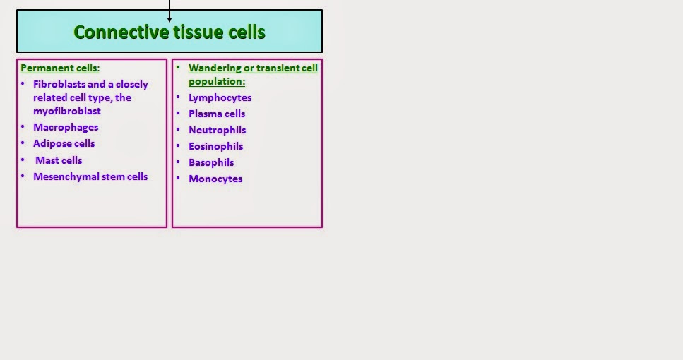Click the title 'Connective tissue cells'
(x=170, y=32)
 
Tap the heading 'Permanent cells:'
(x=60, y=68)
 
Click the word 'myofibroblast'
(x=67, y=111)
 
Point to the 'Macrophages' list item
(x=66, y=127)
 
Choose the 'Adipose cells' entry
(x=64, y=143)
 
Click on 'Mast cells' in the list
(x=59, y=160)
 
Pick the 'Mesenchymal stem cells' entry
(x=90, y=176)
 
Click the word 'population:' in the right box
(x=217, y=81)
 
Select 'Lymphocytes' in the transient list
(x=220, y=97)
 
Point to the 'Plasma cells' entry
(x=217, y=114)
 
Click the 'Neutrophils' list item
(x=217, y=130)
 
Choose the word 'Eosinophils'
(x=215, y=146)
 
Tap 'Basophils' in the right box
(x=211, y=162)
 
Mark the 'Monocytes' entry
(x=215, y=179)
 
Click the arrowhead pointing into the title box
(x=170, y=18)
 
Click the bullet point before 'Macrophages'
(x=23, y=127)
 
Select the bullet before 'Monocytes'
(x=179, y=179)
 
